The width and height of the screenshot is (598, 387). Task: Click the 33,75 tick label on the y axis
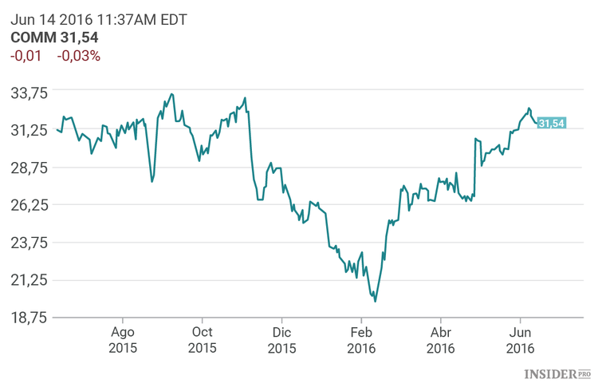[x=30, y=93]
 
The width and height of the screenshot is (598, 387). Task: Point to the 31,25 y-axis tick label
[x=30, y=130]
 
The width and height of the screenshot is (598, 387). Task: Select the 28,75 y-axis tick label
[x=30, y=168]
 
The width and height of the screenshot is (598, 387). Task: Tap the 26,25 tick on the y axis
[x=30, y=205]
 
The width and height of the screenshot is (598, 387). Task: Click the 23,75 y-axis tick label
[x=30, y=243]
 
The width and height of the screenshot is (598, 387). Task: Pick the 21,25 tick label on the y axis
[x=30, y=280]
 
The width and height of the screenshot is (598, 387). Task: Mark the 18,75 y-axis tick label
[x=30, y=318]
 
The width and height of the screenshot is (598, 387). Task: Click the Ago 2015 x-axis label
[x=123, y=341]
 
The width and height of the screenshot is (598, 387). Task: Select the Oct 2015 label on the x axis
[x=203, y=341]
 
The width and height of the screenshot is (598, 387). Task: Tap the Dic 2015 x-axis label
[x=281, y=341]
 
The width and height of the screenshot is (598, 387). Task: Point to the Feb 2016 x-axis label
[x=361, y=341]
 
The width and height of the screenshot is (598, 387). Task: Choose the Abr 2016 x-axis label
[x=441, y=341]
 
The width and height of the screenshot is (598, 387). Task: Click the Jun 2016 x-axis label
[x=521, y=341]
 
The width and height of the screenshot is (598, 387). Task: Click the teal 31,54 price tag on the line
[x=551, y=123]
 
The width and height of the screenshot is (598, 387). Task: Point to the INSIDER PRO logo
[x=557, y=373]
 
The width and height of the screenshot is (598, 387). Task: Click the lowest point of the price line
[x=375, y=301]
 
